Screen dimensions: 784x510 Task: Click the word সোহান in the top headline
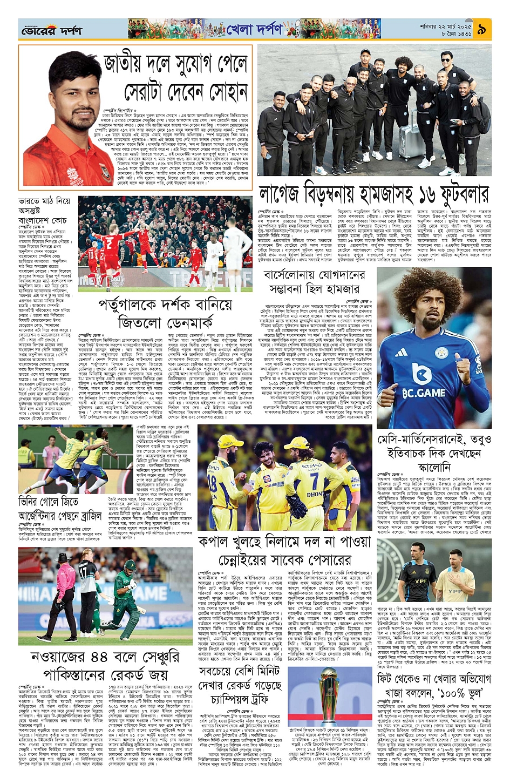[x=221, y=92]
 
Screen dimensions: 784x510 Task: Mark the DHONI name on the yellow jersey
[x=315, y=495]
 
